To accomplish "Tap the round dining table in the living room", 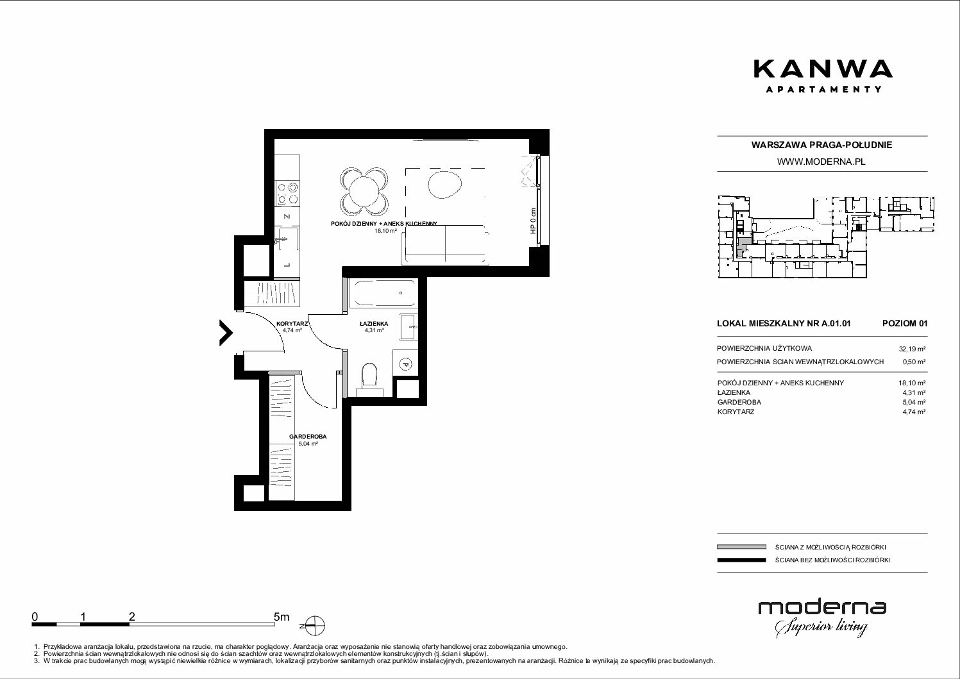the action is point(364,192).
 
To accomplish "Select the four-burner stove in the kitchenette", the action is point(287,193).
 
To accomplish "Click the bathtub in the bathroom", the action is point(383,293).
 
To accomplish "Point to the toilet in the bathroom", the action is point(369,376).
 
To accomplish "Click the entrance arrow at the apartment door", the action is point(226,332).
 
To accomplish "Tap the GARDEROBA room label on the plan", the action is point(308,437).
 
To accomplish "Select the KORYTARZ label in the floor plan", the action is point(292,324).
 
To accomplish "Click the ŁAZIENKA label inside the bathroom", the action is point(374,324).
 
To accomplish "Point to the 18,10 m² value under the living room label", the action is point(385,230).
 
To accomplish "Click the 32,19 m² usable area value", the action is point(912,349).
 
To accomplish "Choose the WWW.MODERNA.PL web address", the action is point(821,162).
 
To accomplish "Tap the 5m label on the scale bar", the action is point(282,616).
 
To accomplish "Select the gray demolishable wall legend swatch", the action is point(741,547).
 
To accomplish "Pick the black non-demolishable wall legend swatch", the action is point(741,560).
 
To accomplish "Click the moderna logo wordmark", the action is point(822,608).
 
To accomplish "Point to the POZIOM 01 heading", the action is point(905,323).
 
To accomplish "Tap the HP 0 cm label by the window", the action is point(533,221).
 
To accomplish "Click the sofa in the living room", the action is point(445,244).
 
